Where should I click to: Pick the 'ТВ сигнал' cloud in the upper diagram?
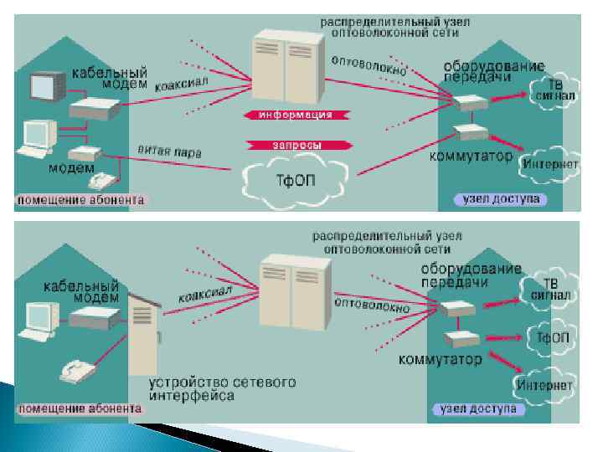(x=553, y=90)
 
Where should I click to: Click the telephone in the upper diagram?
(x=100, y=179)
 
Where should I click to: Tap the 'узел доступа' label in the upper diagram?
(x=501, y=199)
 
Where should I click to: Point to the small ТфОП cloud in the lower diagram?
(x=552, y=338)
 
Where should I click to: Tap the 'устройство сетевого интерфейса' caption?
(x=221, y=388)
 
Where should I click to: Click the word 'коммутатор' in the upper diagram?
(x=471, y=157)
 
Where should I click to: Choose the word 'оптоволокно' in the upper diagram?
(x=369, y=66)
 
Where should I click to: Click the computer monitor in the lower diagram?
(x=41, y=316)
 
